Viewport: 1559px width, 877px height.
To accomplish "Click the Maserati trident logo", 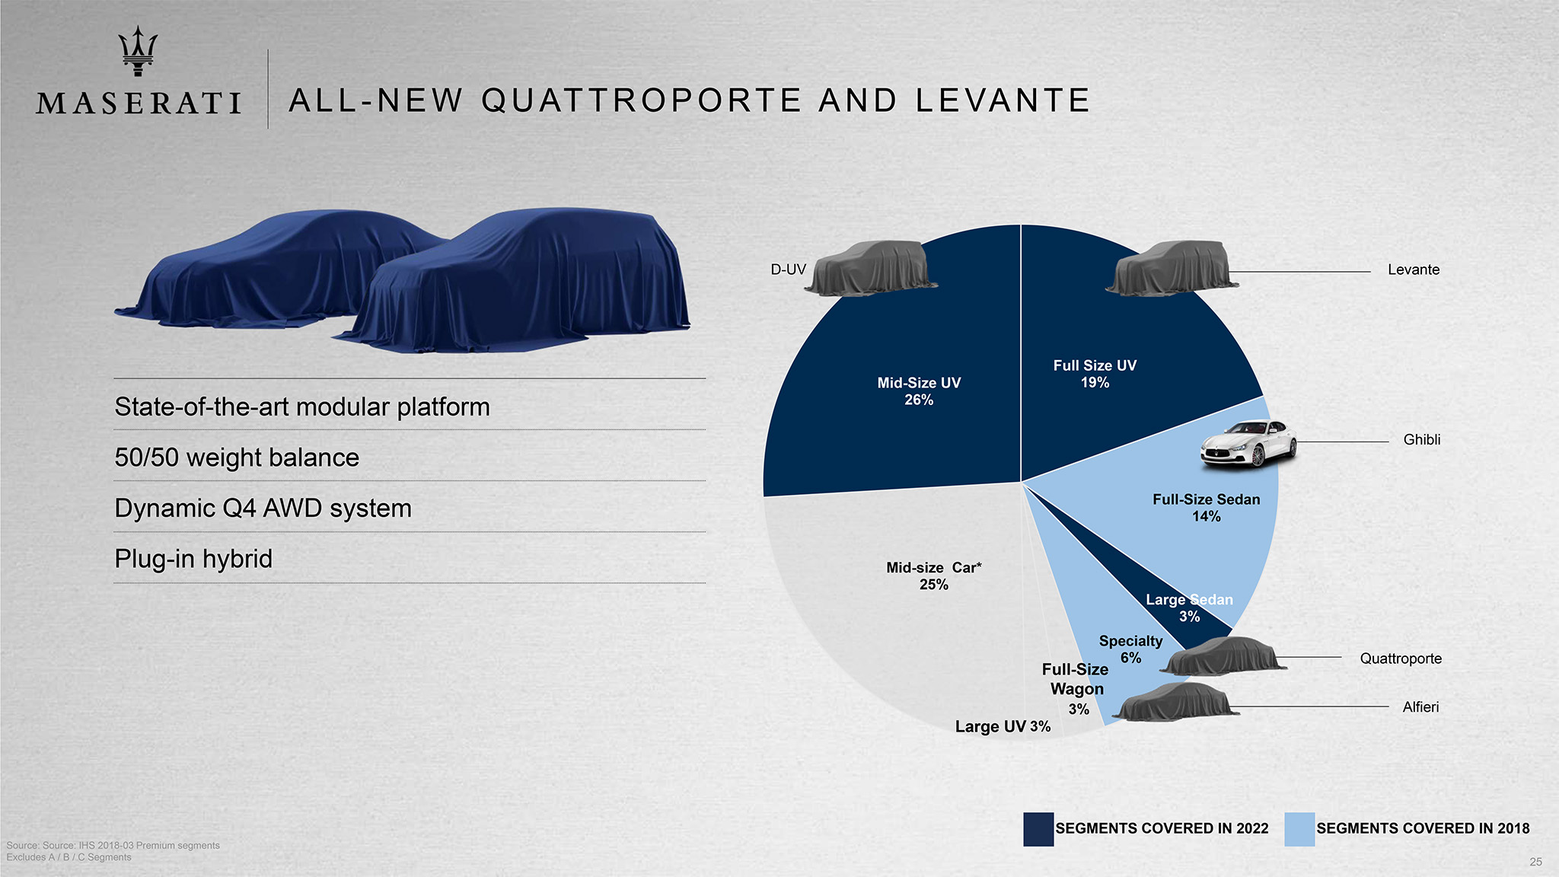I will (x=138, y=51).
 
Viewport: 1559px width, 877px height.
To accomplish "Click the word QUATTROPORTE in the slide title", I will (x=641, y=101).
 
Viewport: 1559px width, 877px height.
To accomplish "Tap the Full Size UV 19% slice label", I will (x=1095, y=374).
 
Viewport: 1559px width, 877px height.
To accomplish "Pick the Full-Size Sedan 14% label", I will (x=1206, y=508).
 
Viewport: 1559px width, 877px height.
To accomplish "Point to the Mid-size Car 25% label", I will (x=933, y=576).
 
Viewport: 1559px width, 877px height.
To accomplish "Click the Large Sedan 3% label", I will (x=1189, y=608).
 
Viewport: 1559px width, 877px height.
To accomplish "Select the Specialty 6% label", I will (x=1130, y=649).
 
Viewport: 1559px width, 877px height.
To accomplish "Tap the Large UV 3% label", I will (x=1003, y=726).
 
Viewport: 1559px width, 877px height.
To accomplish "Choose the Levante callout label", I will (x=1414, y=269).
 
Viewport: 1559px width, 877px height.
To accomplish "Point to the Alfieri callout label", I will (x=1420, y=707).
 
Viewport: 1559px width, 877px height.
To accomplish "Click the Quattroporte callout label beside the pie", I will (x=1401, y=659).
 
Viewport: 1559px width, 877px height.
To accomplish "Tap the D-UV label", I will (x=788, y=269).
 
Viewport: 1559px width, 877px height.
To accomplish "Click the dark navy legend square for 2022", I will (x=1038, y=829).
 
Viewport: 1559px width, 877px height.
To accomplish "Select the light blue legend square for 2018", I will (x=1299, y=829).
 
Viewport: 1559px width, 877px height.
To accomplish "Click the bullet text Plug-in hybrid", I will (x=193, y=559).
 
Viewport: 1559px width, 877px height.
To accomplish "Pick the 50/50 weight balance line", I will (x=237, y=458).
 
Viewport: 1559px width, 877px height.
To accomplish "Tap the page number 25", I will (x=1535, y=862).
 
